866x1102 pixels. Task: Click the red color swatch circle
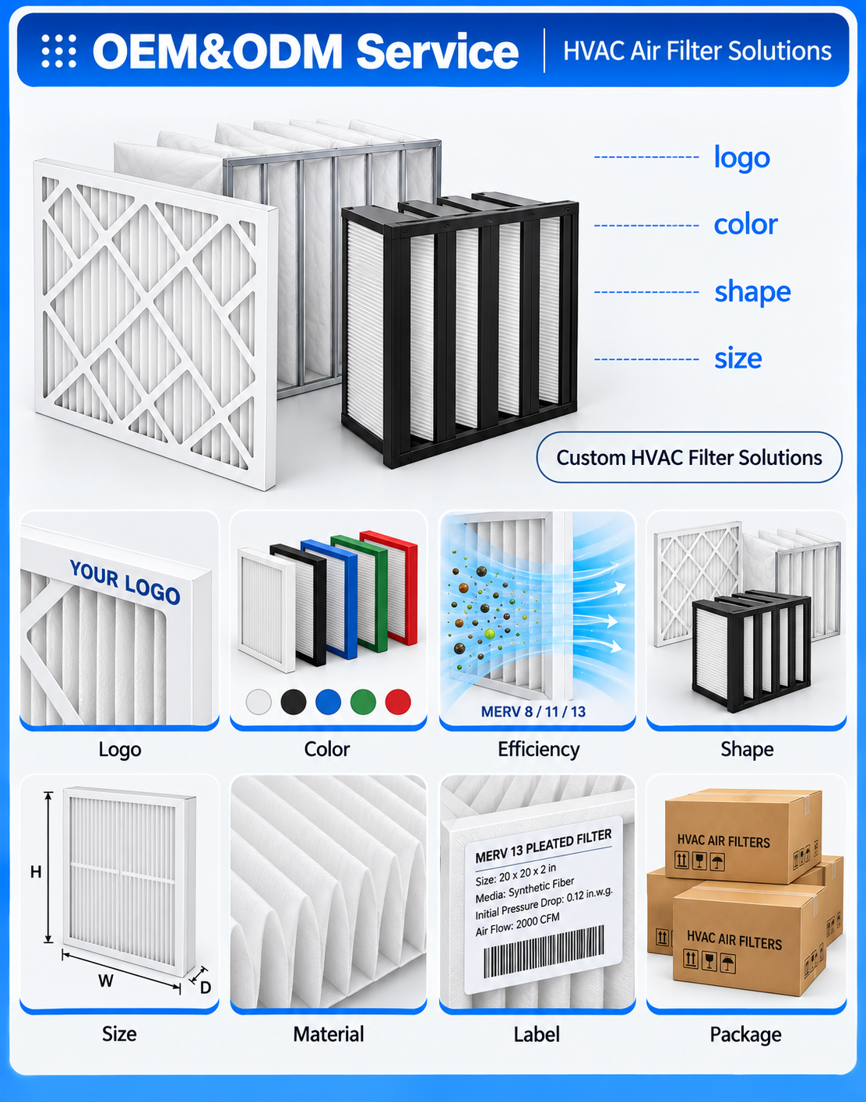[x=398, y=702]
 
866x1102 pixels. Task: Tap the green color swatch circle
[x=363, y=702]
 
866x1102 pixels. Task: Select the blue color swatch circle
[x=328, y=702]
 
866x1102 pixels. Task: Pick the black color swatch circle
[x=293, y=702]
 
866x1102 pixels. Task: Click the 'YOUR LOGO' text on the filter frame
[x=125, y=583]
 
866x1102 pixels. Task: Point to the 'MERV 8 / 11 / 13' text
[x=533, y=712]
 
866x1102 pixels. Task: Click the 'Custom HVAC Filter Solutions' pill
[x=689, y=457]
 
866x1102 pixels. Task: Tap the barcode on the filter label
[x=544, y=952]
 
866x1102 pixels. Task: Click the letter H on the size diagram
[x=36, y=871]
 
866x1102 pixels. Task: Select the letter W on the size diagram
[x=106, y=981]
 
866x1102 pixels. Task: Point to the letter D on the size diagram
[x=206, y=988]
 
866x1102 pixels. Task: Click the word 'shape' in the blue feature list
[x=752, y=293]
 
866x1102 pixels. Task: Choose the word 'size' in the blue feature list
[x=738, y=358]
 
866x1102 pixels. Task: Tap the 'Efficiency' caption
[x=538, y=749]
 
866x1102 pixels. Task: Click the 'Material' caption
[x=329, y=1034]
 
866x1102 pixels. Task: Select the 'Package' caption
[x=745, y=1034]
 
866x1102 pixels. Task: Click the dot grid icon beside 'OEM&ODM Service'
[x=59, y=51]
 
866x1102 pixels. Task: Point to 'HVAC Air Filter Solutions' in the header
[x=697, y=51]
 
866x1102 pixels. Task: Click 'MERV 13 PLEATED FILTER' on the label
[x=544, y=847]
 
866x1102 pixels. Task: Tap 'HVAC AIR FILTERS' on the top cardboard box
[x=723, y=841]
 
